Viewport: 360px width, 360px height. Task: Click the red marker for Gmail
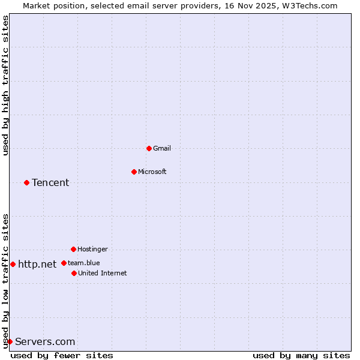[x=149, y=148]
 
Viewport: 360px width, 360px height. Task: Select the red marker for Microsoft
[x=134, y=172]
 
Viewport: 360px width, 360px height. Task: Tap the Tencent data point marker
[x=26, y=182]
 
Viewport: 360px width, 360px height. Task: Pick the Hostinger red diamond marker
[x=73, y=249]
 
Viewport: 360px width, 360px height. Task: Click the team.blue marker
[x=64, y=263]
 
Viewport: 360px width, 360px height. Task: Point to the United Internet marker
[x=74, y=273]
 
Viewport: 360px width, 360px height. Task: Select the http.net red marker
[x=13, y=264]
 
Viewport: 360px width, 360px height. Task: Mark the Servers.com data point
[x=10, y=341]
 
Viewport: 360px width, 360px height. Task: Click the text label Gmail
[x=163, y=148]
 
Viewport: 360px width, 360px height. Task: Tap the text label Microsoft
[x=152, y=172]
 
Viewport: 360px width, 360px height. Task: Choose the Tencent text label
[x=50, y=182]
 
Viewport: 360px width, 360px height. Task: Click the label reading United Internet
[x=103, y=273]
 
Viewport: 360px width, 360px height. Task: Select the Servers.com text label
[x=45, y=341]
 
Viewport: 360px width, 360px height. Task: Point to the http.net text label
[x=37, y=264]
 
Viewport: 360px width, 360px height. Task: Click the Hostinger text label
[x=92, y=249]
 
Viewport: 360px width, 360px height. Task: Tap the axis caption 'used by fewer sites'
[x=62, y=355]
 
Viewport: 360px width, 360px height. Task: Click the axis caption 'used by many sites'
[x=301, y=355]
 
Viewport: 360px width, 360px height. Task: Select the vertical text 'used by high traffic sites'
[x=5, y=85]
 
